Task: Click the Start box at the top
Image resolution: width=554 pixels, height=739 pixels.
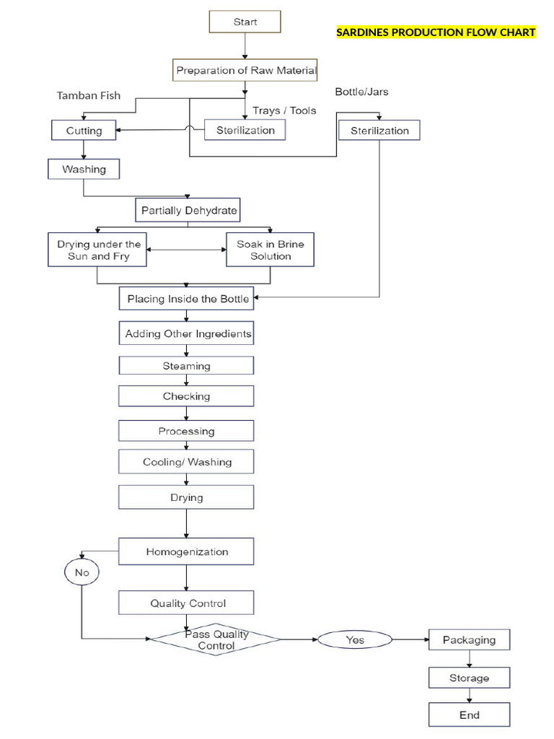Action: click(x=245, y=22)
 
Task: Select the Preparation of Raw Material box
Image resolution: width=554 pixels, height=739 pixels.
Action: click(x=245, y=71)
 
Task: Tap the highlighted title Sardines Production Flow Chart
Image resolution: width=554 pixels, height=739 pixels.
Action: click(x=436, y=32)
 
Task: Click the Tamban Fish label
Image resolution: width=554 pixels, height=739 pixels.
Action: click(x=89, y=95)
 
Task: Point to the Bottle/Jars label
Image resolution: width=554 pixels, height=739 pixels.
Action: click(x=361, y=92)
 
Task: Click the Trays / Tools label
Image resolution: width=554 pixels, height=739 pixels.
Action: click(x=284, y=110)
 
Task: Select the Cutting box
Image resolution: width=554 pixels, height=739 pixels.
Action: click(x=84, y=131)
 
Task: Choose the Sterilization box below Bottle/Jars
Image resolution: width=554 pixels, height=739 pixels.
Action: click(x=379, y=131)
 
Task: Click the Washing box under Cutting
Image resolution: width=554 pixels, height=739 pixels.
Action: click(x=84, y=169)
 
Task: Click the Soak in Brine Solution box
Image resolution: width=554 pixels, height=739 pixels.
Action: click(x=271, y=250)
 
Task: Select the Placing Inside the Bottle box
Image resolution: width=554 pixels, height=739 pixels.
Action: click(x=188, y=299)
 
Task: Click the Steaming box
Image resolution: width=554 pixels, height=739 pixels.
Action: click(x=186, y=366)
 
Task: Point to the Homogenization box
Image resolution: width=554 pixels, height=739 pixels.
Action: click(x=186, y=552)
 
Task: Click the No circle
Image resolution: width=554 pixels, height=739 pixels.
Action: click(x=82, y=573)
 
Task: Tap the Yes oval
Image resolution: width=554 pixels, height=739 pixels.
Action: click(x=355, y=639)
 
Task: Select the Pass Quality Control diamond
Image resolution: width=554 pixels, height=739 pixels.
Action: click(x=216, y=639)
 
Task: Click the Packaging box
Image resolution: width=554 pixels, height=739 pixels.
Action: click(x=469, y=639)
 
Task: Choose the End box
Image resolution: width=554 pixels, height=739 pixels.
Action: click(x=469, y=715)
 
